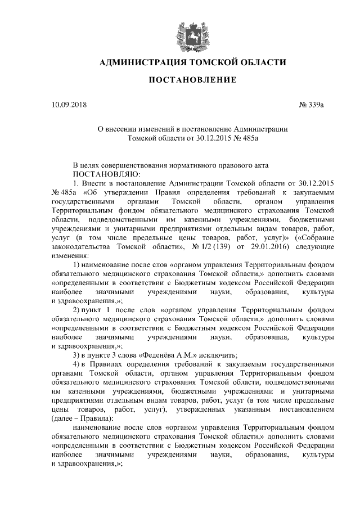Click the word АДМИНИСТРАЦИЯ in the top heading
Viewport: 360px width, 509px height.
(142, 62)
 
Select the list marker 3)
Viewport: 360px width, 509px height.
(79, 355)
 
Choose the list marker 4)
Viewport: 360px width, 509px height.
(79, 364)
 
